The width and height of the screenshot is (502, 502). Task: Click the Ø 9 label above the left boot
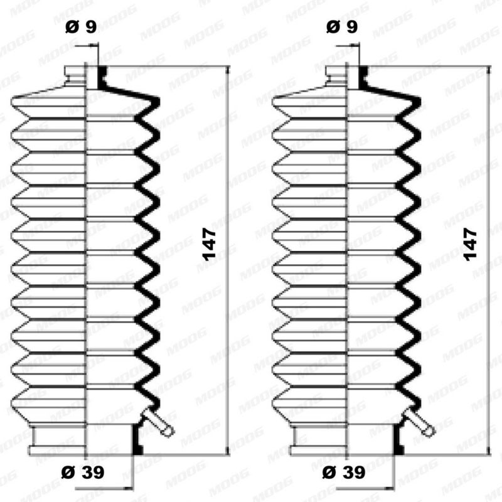click(81, 26)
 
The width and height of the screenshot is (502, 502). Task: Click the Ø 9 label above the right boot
click(342, 26)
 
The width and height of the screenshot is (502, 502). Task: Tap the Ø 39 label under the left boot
click(83, 473)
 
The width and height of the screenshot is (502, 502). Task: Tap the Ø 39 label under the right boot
click(344, 473)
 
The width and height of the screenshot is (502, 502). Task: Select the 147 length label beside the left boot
click(210, 244)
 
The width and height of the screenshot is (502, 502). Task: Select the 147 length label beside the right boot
click(471, 244)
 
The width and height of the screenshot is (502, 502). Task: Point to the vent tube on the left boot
click(159, 422)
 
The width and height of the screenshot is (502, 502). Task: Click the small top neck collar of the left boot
click(75, 75)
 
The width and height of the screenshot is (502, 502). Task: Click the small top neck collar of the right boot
click(336, 75)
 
